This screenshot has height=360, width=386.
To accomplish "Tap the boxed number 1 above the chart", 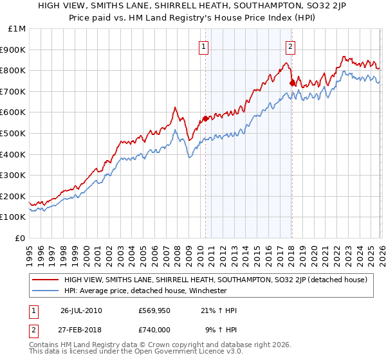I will coord(204,46).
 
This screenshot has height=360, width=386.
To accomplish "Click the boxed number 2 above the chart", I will coord(291,46).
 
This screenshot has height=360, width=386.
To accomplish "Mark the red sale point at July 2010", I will coord(206,118).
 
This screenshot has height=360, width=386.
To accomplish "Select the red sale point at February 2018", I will coord(292,82).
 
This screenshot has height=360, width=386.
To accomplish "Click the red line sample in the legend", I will coord(44,280).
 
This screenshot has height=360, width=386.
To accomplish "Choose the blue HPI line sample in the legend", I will coord(44,291).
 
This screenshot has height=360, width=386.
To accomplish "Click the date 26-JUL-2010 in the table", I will coord(81,310).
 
